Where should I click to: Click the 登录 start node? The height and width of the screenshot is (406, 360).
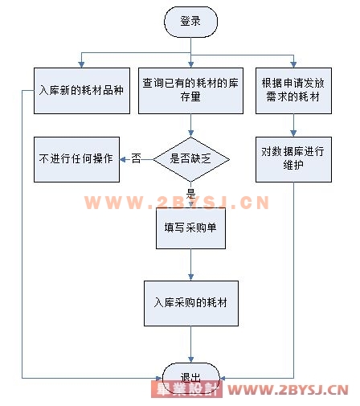coord(190,22)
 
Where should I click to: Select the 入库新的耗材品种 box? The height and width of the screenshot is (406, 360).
coord(82,91)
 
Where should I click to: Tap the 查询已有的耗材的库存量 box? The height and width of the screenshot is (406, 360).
coord(190,91)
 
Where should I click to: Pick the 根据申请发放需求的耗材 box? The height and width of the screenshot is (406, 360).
coord(293,91)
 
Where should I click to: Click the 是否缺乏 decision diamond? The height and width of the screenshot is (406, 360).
coord(191,159)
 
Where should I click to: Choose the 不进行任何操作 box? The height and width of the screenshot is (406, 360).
coord(76,159)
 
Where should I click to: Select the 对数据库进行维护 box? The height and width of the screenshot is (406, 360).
coord(293,159)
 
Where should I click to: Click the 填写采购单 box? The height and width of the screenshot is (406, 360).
coord(190,228)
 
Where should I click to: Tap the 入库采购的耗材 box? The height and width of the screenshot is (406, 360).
coord(191,303)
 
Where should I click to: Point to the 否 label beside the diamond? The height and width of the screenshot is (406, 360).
coord(136,158)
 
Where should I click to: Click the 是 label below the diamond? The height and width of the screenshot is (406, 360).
coord(191,193)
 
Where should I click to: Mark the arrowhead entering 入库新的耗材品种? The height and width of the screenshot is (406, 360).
coord(81,64)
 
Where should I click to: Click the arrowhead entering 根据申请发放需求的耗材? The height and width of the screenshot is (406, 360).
coord(293,64)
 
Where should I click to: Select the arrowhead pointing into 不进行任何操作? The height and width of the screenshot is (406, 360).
coord(123,160)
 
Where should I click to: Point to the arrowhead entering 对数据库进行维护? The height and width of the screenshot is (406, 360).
coord(293,133)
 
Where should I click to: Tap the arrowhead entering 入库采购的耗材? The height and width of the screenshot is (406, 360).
coord(191,277)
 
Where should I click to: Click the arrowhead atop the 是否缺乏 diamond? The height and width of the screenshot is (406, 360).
coord(191,133)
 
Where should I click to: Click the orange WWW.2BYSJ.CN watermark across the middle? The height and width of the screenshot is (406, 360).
coord(177,203)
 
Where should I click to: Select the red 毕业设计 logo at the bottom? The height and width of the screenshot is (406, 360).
coord(186,389)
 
